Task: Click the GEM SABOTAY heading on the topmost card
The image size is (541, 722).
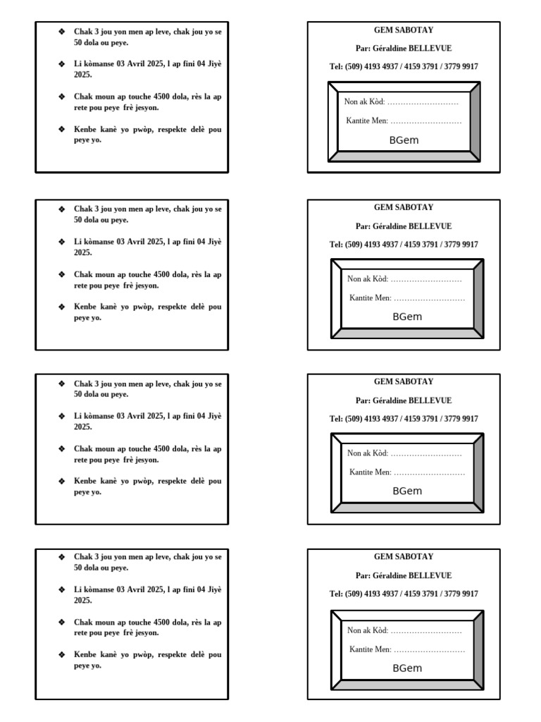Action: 404,30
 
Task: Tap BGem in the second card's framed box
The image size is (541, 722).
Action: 407,317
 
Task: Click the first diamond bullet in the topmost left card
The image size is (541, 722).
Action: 62,32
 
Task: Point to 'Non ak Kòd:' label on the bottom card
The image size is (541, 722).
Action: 368,630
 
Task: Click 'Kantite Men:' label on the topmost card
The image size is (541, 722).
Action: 367,121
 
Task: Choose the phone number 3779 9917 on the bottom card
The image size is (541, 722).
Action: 461,594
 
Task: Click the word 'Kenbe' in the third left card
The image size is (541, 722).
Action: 87,481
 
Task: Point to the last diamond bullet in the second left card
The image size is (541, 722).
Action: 62,307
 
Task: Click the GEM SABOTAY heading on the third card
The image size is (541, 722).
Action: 404,381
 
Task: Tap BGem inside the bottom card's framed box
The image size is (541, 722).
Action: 407,668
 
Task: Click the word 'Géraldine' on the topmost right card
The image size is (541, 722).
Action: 389,49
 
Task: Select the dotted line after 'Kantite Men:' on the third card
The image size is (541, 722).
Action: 429,472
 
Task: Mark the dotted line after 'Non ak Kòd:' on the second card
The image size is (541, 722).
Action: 427,279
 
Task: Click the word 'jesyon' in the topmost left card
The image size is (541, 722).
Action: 147,108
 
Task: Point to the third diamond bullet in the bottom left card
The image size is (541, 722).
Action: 62,623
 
